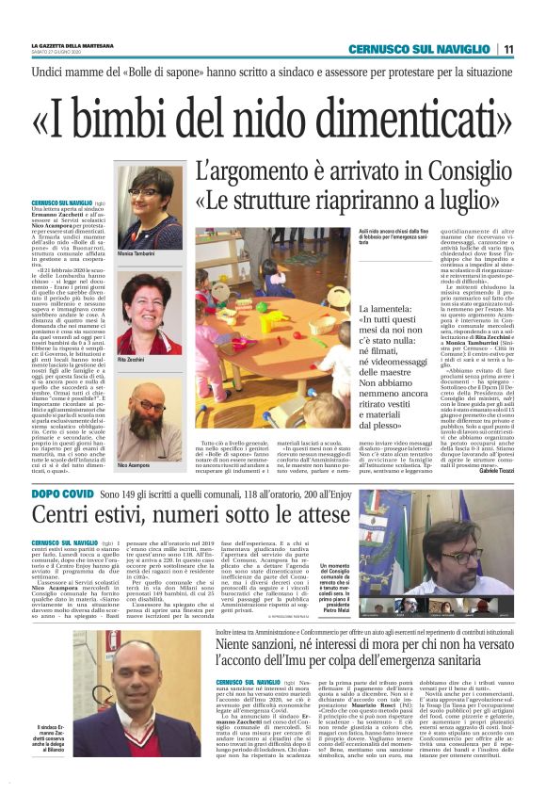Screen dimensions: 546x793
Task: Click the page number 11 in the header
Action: pyautogui.click(x=507, y=49)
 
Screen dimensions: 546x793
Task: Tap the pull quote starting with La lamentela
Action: pyautogui.click(x=423, y=377)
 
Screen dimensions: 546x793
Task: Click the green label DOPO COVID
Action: pyautogui.click(x=64, y=494)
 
